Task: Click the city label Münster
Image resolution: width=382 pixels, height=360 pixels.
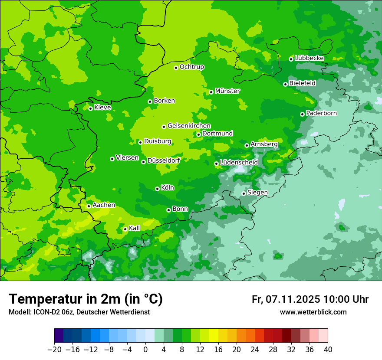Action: [227, 91]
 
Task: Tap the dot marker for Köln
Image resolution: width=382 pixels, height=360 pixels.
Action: [157, 189]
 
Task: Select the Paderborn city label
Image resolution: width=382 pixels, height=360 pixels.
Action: [321, 113]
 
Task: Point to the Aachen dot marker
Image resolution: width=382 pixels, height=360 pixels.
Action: [89, 206]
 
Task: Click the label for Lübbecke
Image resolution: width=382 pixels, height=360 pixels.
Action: [309, 58]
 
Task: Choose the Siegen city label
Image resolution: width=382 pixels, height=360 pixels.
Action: [257, 193]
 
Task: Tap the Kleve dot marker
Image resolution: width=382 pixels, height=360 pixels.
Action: [90, 108]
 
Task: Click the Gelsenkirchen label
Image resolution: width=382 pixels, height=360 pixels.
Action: [189, 126]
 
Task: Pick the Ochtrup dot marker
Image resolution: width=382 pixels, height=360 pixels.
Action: [176, 68]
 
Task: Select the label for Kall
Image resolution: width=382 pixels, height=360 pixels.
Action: [135, 228]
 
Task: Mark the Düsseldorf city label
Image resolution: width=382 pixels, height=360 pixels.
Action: [164, 160]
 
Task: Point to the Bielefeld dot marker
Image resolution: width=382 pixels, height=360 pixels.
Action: [285, 84]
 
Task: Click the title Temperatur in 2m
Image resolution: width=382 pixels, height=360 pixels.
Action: [86, 299]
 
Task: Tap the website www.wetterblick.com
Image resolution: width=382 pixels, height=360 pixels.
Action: [313, 312]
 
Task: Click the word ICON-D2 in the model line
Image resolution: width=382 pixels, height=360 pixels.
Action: [47, 312]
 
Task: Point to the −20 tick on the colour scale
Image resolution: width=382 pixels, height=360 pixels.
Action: [54, 350]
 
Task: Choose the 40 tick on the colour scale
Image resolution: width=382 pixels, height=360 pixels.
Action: [328, 350]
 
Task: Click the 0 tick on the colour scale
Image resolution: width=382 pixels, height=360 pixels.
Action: [145, 350]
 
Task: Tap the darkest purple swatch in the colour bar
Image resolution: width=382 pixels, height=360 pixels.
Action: [59, 336]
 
